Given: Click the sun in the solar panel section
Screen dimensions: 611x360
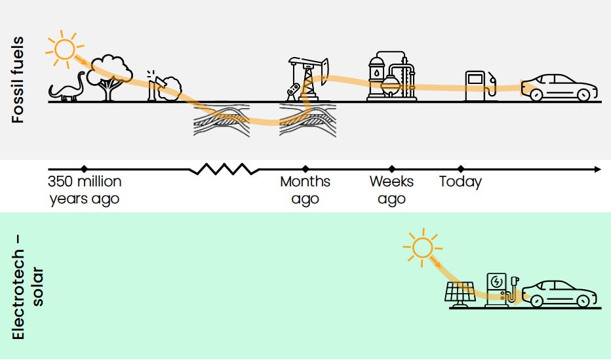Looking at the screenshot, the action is [x=422, y=247].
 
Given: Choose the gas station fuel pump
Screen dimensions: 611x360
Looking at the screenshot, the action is [x=477, y=85].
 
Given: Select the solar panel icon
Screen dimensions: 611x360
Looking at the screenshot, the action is [x=460, y=293].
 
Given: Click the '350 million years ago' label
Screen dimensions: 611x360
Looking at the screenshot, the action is [x=85, y=190].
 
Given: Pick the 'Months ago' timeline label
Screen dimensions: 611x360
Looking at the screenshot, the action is [x=305, y=190].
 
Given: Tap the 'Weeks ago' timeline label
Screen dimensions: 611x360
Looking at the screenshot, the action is [x=391, y=190].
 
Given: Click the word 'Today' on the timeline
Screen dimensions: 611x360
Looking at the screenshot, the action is [x=460, y=182].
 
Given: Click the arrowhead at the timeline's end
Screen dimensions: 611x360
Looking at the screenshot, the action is [x=597, y=169].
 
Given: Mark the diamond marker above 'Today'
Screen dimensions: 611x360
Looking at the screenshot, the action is [x=460, y=169].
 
